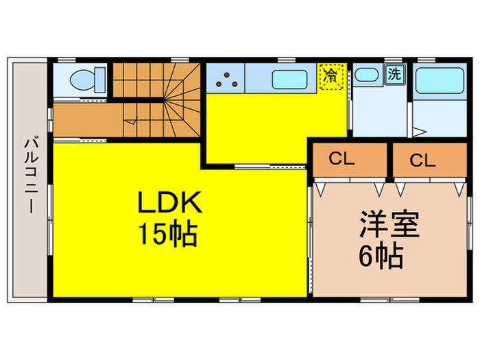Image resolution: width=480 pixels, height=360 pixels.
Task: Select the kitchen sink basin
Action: [x=293, y=80]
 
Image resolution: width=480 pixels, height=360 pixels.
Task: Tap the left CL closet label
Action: [x=341, y=159]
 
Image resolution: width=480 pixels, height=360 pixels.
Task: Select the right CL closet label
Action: [x=423, y=160]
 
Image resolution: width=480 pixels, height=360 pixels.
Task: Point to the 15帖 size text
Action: [x=169, y=235]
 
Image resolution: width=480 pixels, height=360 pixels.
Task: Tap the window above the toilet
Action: [x=66, y=60]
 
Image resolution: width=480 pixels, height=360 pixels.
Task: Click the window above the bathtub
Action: [x=439, y=60]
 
